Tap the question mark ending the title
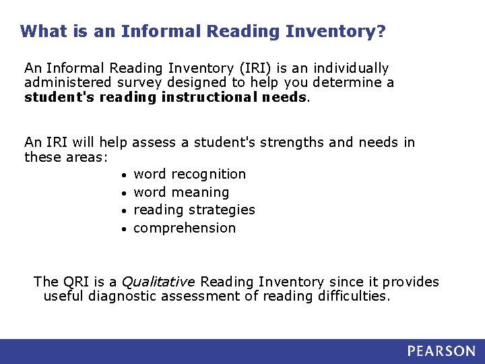[x=381, y=31]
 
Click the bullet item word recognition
[x=190, y=174]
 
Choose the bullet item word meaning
[x=181, y=192]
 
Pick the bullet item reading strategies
[x=194, y=210]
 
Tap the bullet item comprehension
[x=185, y=228]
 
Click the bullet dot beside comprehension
[x=125, y=229]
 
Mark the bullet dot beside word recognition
[x=125, y=175]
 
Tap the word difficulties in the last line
[x=354, y=296]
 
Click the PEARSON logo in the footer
[x=441, y=351]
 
